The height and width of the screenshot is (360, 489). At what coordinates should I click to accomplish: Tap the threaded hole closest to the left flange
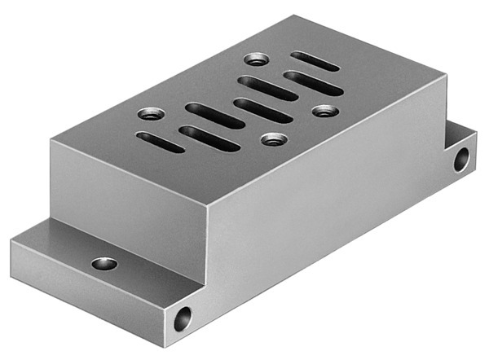(x=148, y=113)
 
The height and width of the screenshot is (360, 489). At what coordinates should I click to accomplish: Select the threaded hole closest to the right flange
(x=324, y=109)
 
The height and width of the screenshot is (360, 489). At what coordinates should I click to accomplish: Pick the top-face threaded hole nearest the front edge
(x=271, y=139)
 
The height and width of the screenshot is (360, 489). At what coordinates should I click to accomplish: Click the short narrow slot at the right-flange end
(x=315, y=61)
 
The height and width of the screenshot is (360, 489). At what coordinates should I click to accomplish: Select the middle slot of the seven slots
(x=262, y=110)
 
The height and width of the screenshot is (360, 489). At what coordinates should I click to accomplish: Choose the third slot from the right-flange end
(x=267, y=88)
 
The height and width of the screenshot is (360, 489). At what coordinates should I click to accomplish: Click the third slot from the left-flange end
(x=214, y=115)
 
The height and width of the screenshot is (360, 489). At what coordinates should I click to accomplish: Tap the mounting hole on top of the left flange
(x=104, y=263)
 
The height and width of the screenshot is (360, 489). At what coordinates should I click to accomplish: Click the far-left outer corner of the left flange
(x=11, y=240)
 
